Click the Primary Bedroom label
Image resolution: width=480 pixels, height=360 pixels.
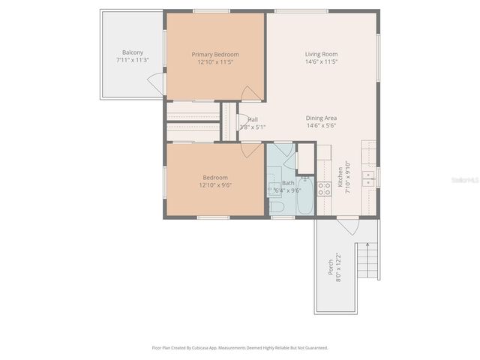[215, 54]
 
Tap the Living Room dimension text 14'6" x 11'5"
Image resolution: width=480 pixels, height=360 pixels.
[321, 61]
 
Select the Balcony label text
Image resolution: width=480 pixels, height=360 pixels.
[133, 52]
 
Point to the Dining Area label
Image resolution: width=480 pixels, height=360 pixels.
[321, 118]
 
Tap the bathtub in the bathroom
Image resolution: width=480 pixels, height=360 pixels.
[305, 196]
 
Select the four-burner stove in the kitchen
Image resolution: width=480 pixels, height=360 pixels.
[325, 189]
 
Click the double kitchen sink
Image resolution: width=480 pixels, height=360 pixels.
[368, 178]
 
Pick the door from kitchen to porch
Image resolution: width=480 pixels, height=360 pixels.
[347, 224]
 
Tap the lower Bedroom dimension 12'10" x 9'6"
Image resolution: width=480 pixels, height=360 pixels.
[215, 184]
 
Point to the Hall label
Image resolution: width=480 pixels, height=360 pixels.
[253, 119]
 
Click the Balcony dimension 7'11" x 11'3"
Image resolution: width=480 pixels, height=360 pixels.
[133, 59]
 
